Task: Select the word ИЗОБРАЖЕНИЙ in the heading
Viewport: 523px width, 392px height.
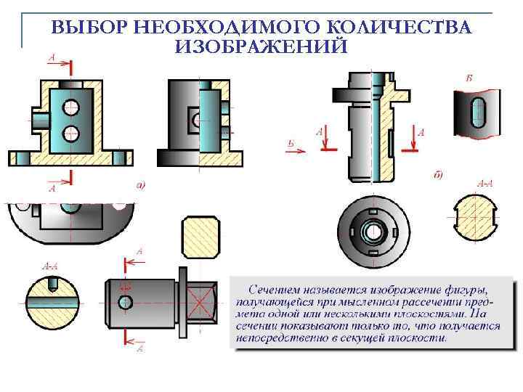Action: pos(261,46)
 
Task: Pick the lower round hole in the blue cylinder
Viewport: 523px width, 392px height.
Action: pos(71,132)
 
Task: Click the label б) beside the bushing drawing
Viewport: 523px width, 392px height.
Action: pos(438,174)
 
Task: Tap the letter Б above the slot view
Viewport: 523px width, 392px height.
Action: pos(469,77)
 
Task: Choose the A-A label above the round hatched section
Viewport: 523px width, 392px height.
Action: pos(484,183)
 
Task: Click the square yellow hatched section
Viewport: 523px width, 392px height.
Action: pos(200,237)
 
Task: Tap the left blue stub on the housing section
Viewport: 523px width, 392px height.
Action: pos(39,116)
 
